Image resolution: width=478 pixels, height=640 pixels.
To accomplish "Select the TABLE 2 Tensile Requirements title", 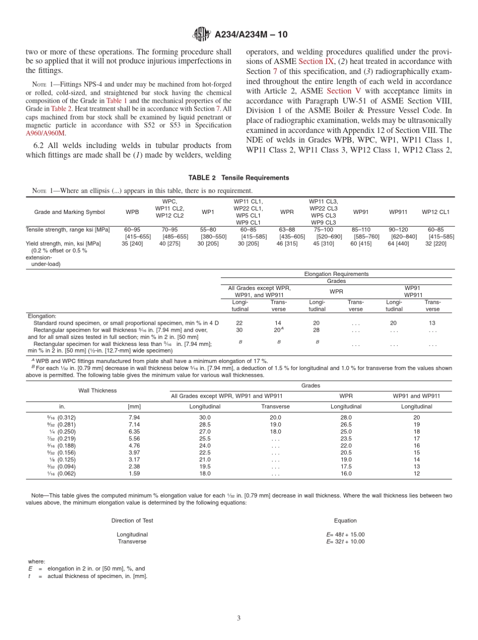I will [x=238, y=178].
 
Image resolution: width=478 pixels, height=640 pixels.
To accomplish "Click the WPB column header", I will [x=132, y=212].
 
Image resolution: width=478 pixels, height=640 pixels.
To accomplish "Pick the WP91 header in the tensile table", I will [x=361, y=212].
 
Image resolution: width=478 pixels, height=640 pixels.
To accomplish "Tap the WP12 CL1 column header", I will [x=436, y=212].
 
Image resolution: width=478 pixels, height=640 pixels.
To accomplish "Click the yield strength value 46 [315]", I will [x=287, y=244].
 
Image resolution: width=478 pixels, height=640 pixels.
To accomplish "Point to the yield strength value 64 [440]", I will [x=399, y=244].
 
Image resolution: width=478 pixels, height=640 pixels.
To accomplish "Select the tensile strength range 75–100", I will [x=324, y=230].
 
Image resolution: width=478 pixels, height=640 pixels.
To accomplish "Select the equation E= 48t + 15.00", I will [x=345, y=535].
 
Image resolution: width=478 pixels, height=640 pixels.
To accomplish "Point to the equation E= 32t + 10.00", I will [x=345, y=542].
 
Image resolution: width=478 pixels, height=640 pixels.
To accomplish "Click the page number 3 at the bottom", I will [x=239, y=618].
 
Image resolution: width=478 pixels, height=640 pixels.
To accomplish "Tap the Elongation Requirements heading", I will [x=336, y=274].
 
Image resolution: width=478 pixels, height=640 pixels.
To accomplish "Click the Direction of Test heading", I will [x=132, y=521].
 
